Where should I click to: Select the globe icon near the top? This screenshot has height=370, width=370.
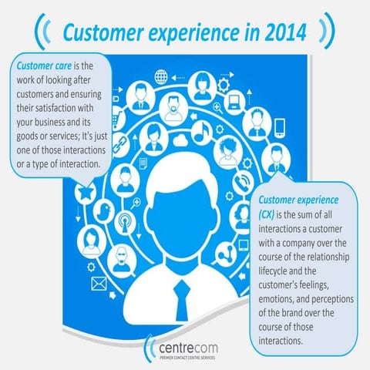161,77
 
